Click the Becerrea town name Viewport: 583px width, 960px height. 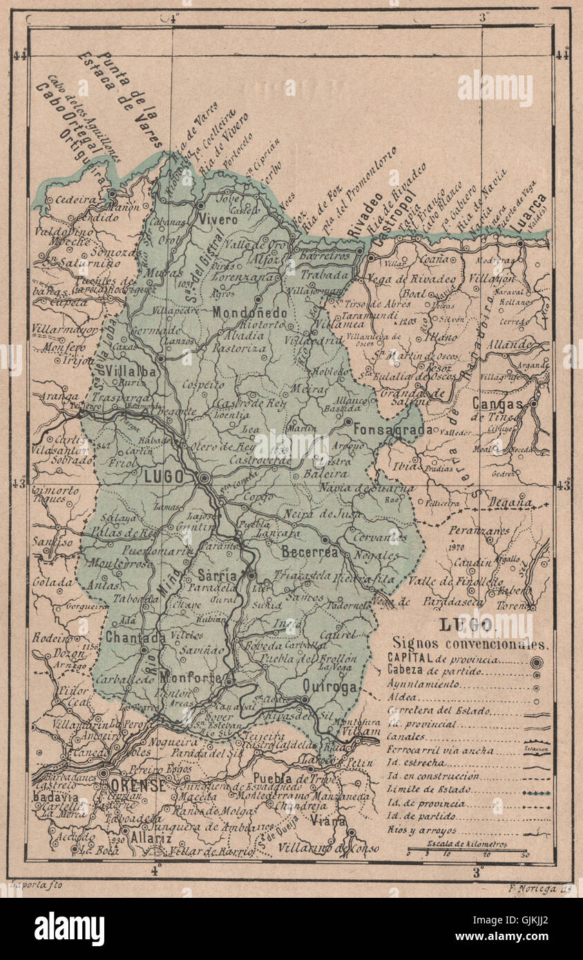click(309, 552)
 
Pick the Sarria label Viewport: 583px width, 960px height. click(217, 575)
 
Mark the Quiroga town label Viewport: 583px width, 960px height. click(330, 687)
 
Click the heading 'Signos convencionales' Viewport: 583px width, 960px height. click(470, 644)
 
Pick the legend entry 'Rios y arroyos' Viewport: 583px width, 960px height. click(422, 831)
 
